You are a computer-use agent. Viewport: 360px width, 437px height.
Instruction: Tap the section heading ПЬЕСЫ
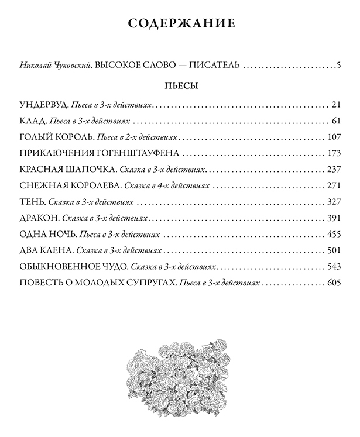coord(180,86)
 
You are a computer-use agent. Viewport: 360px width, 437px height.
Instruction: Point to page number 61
coord(335,122)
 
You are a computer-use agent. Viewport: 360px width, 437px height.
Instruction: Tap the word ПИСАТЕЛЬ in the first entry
coord(210,65)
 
